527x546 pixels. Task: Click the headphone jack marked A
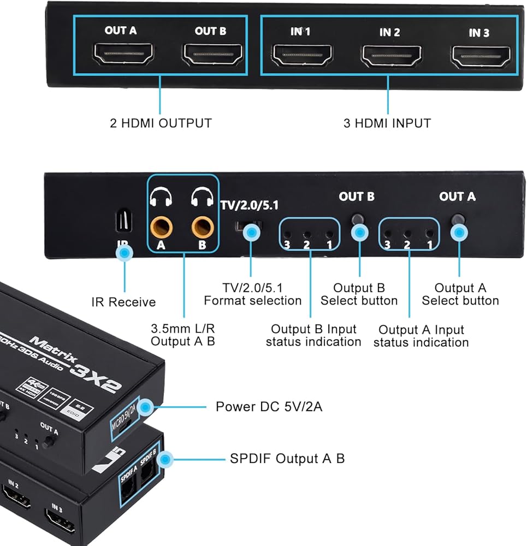[x=161, y=223]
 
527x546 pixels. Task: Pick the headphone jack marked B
[x=202, y=223]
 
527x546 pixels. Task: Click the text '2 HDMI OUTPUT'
[x=160, y=123]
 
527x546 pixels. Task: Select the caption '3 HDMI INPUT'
[x=387, y=123]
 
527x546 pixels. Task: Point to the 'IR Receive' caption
[x=123, y=302]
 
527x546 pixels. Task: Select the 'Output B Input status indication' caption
[x=313, y=335]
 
